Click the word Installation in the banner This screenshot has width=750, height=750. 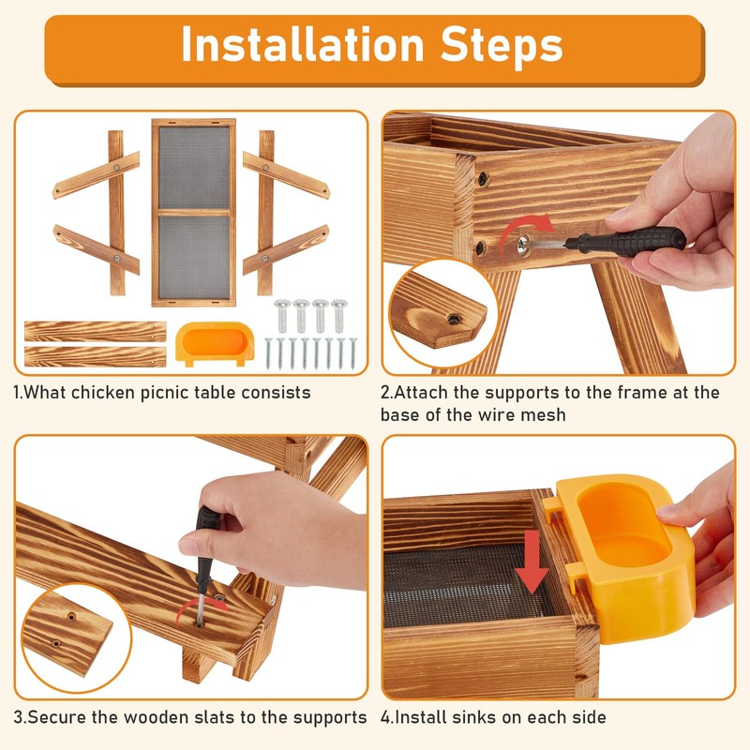pyautogui.click(x=303, y=44)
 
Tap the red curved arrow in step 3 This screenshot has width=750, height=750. pyautogui.click(x=201, y=611)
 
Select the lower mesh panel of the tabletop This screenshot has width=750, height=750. pyautogui.click(x=194, y=257)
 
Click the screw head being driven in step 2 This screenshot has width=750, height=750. pyautogui.click(x=525, y=245)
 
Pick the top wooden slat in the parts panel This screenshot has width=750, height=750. pyautogui.click(x=96, y=332)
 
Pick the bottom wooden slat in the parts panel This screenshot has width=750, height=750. pyautogui.click(x=96, y=357)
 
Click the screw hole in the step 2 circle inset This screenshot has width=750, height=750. pyautogui.click(x=453, y=319)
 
